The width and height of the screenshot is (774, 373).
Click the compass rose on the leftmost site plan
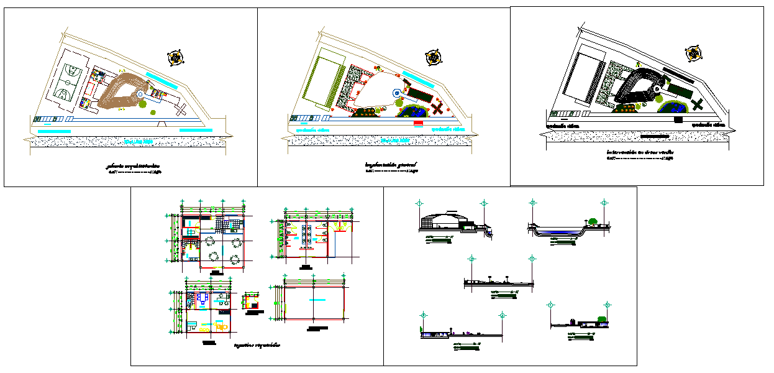176,58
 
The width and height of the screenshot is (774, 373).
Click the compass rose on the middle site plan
432,58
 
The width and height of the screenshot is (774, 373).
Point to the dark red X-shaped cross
438,108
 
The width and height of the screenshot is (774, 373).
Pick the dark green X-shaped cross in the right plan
698,104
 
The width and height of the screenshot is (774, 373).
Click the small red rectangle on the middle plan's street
418,122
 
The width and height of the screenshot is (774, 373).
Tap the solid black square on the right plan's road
678,119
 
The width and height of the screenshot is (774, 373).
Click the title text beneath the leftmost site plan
132,167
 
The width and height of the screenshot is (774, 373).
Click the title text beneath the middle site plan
391,165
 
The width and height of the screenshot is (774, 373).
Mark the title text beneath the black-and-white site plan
640,152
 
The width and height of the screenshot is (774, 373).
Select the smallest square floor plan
252,302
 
